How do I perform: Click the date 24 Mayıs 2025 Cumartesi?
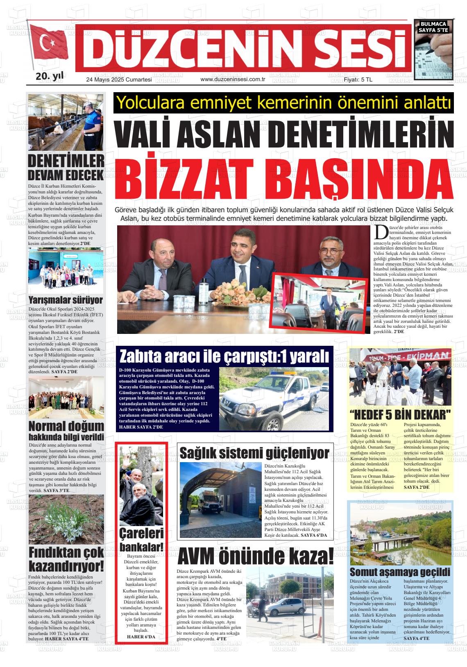click(x=119, y=79)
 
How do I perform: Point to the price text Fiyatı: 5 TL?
click(x=358, y=79)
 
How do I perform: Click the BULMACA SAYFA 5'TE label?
click(x=434, y=27)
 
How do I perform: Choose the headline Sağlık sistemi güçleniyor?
click(x=254, y=453)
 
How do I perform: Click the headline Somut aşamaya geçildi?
click(x=400, y=572)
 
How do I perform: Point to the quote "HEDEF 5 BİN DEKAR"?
click(x=400, y=414)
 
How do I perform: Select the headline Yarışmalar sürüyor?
click(x=66, y=300)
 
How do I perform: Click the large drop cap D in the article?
click(x=381, y=233)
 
